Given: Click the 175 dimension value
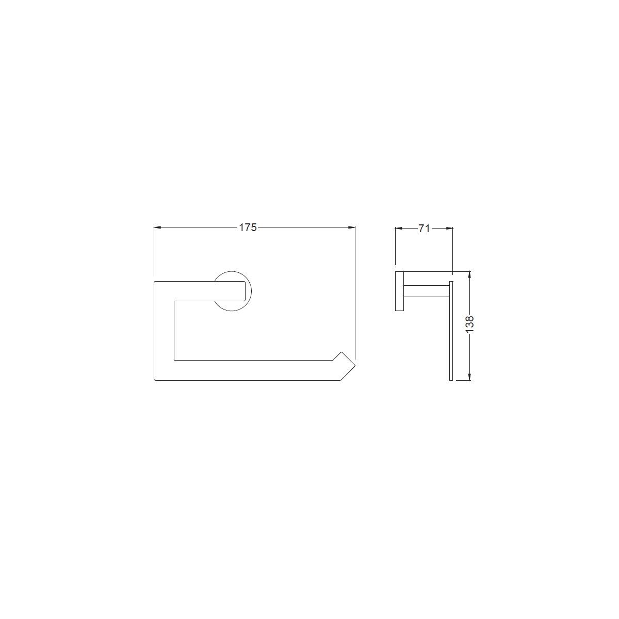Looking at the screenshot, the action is click(x=248, y=227).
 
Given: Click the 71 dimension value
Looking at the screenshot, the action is click(x=423, y=229).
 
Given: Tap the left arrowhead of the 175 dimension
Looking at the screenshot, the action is click(x=157, y=227).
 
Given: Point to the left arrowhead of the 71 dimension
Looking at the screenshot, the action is click(x=398, y=229).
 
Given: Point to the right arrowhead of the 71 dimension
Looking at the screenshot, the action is click(x=450, y=229).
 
